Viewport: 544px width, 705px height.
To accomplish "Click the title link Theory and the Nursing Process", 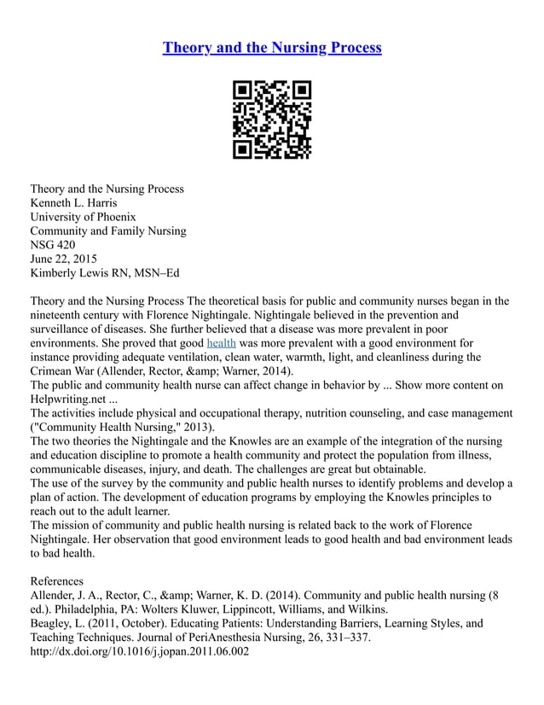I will pyautogui.click(x=272, y=48).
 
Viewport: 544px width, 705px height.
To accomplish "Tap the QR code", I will pyautogui.click(x=272, y=119).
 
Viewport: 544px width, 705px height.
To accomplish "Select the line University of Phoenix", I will pyautogui.click(x=84, y=217).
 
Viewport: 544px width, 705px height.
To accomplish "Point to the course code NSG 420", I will pyautogui.click(x=53, y=244).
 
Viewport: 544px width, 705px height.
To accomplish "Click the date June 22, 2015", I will pyautogui.click(x=64, y=259).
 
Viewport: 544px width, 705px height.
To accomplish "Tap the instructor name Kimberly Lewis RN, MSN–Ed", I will pyautogui.click(x=105, y=272).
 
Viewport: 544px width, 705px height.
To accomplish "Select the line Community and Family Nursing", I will pyautogui.click(x=108, y=230).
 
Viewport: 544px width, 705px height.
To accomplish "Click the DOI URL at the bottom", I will pyautogui.click(x=139, y=651).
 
